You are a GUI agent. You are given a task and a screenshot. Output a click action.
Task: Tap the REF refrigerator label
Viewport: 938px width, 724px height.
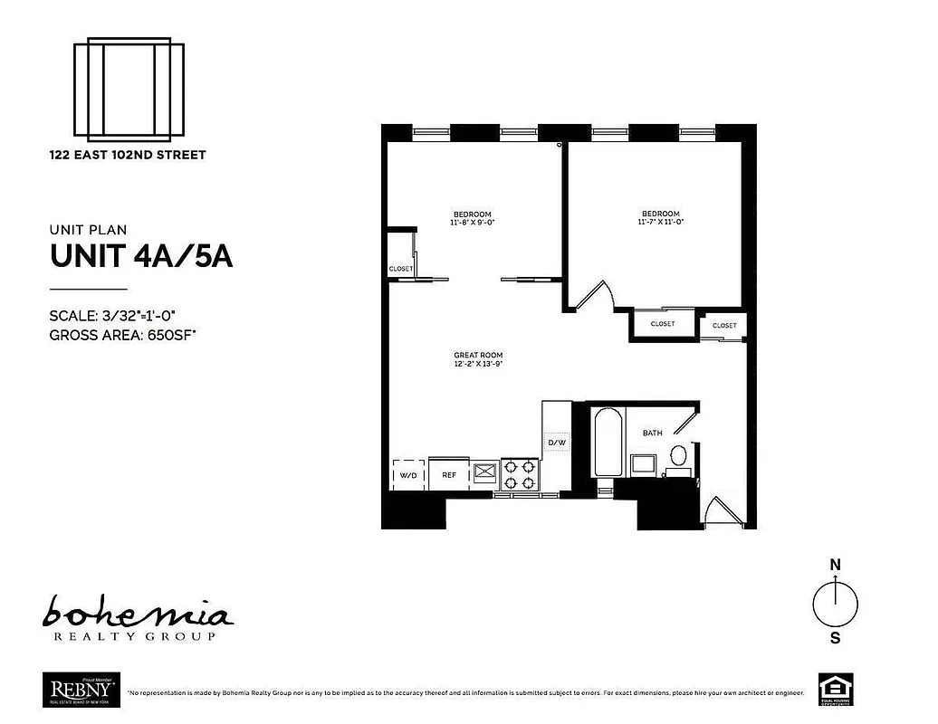[449, 474]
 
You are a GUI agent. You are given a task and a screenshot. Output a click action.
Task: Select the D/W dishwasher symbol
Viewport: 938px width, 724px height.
[556, 443]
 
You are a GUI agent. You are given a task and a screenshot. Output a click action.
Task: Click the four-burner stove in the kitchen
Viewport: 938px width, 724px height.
[522, 472]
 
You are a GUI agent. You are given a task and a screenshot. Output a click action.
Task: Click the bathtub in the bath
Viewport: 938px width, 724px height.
[608, 443]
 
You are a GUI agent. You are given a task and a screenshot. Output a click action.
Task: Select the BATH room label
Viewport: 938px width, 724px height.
[652, 433]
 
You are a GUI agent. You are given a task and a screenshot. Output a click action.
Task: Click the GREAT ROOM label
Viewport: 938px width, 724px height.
[478, 355]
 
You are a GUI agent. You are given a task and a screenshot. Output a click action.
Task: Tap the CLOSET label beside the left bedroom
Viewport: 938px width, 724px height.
[401, 269]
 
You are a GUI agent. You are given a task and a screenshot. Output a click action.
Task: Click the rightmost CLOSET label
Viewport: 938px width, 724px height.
[724, 325]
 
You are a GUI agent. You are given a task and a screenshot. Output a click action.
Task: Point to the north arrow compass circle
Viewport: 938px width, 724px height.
[835, 604]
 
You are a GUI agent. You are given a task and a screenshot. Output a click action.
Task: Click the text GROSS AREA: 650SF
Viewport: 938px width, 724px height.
[123, 335]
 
